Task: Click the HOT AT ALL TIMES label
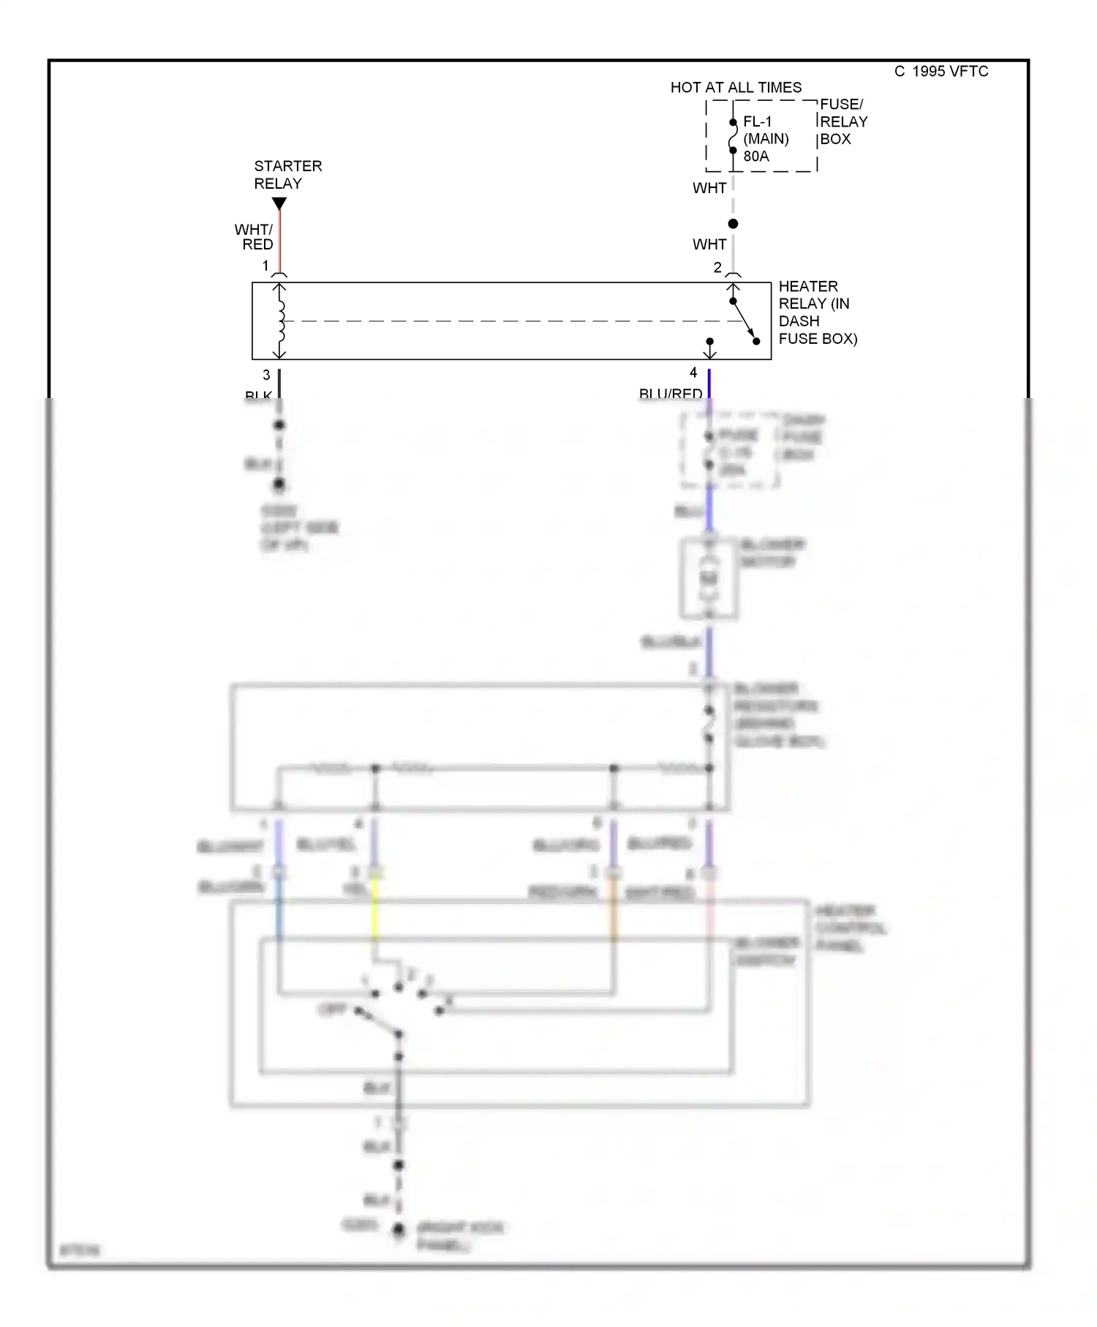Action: (x=735, y=88)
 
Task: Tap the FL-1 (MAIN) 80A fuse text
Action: (x=765, y=139)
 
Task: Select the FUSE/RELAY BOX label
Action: (x=843, y=121)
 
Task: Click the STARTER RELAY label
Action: (x=287, y=175)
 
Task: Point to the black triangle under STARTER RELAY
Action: (x=279, y=203)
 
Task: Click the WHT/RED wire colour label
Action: (x=255, y=237)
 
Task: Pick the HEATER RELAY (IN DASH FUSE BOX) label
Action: (x=816, y=312)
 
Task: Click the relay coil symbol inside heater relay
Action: (x=280, y=320)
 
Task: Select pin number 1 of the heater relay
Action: (x=265, y=266)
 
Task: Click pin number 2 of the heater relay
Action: (x=717, y=268)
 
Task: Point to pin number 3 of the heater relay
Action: (x=266, y=375)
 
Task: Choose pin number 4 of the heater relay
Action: (x=693, y=373)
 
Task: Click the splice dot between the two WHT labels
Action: (x=733, y=224)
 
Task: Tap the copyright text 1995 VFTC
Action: (x=941, y=72)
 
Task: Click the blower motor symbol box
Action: (x=708, y=579)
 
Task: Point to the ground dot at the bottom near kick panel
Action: (x=398, y=1230)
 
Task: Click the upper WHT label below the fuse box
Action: (x=709, y=188)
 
